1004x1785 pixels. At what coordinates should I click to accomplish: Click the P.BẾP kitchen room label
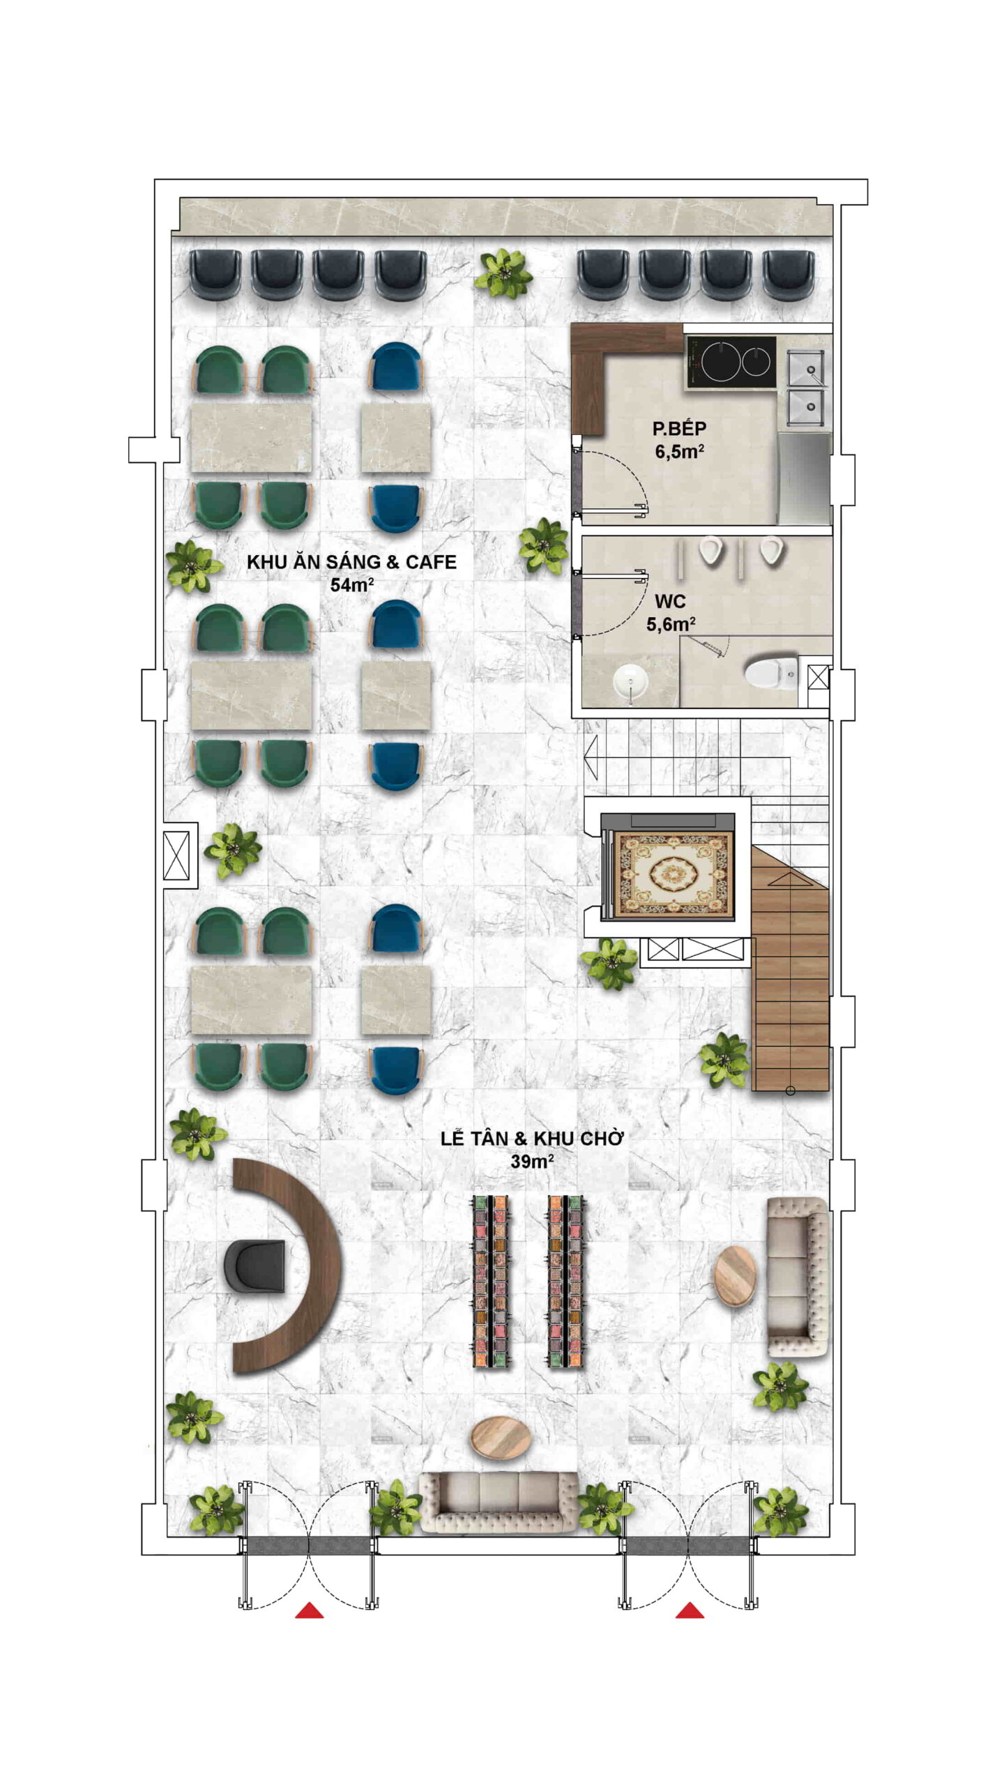(679, 428)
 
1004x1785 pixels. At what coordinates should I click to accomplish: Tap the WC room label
(670, 601)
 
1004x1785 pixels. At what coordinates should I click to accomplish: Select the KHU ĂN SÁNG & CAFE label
(351, 562)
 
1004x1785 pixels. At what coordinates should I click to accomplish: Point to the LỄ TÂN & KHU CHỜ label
(531, 1139)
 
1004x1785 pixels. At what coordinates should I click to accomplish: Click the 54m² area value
(352, 584)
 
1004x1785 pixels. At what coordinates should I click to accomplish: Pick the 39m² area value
(532, 1161)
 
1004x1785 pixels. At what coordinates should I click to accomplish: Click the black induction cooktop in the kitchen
(731, 362)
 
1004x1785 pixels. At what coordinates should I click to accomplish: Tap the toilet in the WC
(770, 674)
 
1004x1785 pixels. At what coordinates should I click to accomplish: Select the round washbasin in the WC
(632, 680)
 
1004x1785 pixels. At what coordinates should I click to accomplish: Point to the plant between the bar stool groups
(503, 273)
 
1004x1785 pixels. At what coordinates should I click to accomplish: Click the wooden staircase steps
(791, 969)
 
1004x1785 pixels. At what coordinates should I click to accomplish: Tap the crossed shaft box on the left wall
(176, 856)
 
